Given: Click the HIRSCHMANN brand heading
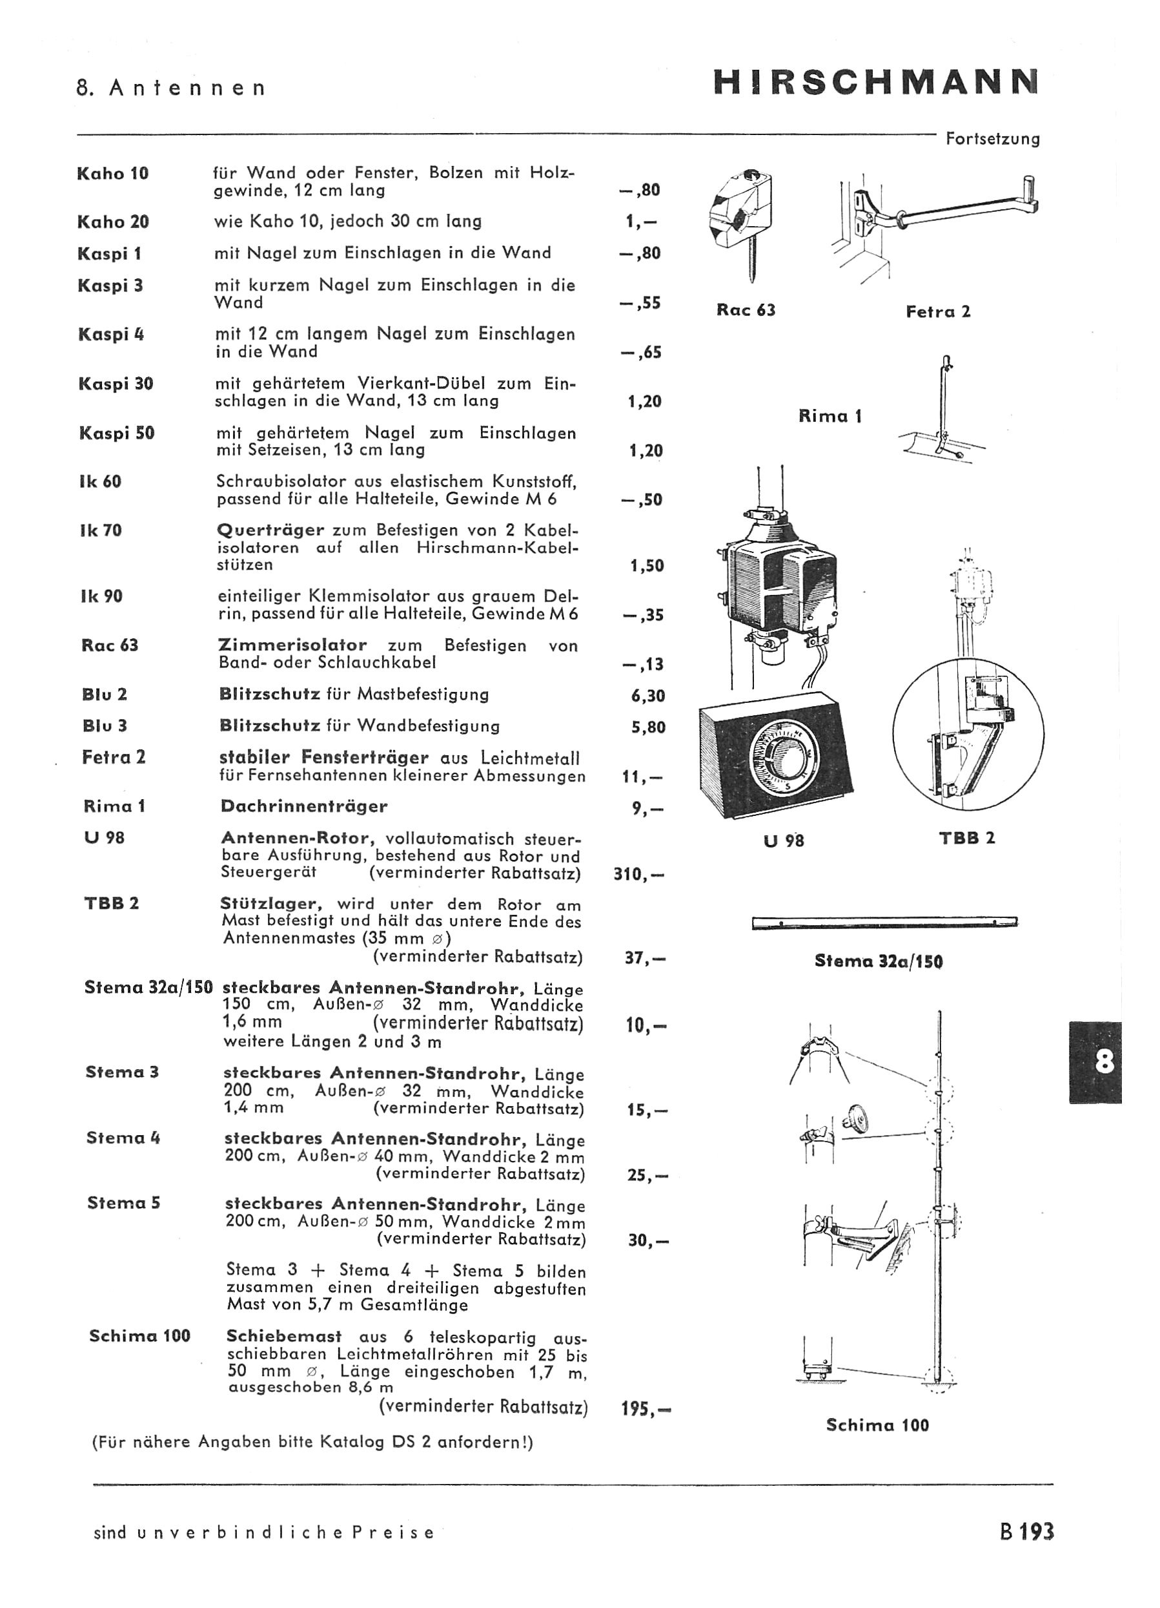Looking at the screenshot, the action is [876, 82].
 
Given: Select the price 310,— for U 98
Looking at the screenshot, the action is [638, 874].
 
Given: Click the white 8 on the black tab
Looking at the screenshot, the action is [1104, 1062].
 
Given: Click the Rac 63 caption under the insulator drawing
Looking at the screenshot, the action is [746, 310].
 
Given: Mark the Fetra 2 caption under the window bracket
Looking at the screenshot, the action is [938, 311].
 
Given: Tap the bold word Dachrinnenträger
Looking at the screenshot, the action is [304, 806].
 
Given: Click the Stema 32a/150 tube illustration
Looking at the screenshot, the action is [884, 923].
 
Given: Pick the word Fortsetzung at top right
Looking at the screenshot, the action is [993, 139].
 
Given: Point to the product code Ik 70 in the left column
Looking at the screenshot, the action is [101, 530].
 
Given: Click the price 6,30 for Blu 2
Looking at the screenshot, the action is [647, 696].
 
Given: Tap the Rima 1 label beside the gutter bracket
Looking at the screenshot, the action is [829, 416].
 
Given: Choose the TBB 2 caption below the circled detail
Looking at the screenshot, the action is [967, 837].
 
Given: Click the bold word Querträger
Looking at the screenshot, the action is [270, 530].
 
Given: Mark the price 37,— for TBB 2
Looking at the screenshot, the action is [645, 959].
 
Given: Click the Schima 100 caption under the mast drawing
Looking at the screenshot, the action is [877, 1425].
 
